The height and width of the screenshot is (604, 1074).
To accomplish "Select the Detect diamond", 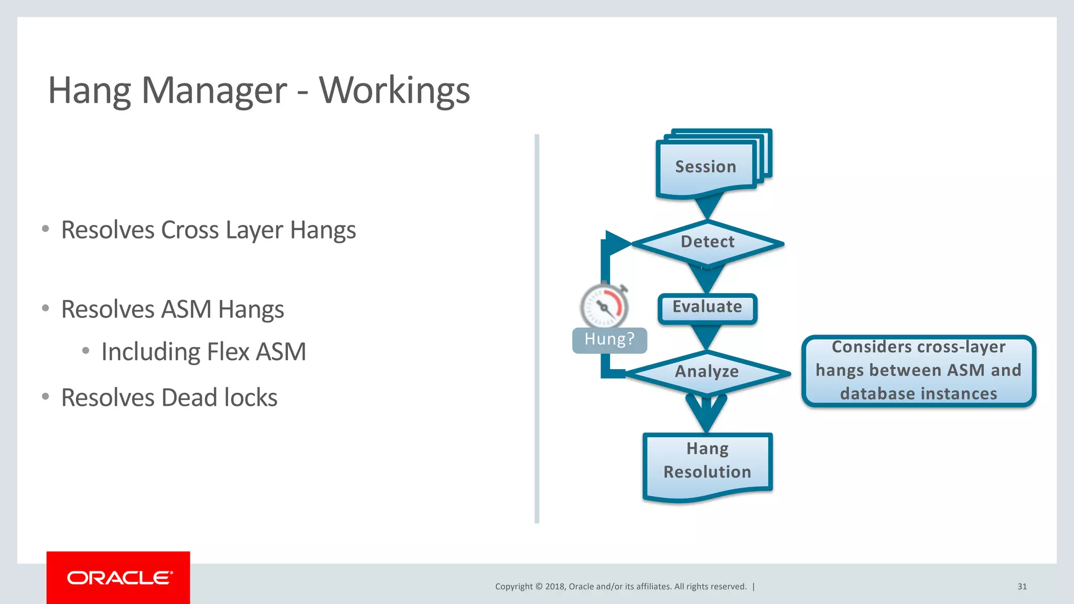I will click(707, 243).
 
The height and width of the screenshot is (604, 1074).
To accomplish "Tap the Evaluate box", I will click(707, 308).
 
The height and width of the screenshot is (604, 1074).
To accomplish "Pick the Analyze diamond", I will click(707, 372).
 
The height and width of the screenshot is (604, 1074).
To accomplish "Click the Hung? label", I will click(609, 340).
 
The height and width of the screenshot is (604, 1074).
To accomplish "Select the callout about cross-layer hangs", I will click(918, 371).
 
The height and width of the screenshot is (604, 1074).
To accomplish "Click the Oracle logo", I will click(119, 577).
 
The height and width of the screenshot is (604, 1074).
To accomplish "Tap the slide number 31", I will click(1022, 587).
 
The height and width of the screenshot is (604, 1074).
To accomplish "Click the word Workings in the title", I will click(394, 91).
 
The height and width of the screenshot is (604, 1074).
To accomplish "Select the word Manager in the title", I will click(214, 91).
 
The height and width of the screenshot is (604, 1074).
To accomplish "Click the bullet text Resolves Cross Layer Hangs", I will click(208, 231).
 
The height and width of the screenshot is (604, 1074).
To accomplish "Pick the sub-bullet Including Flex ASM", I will click(203, 352).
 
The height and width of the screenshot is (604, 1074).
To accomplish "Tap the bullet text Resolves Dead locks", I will click(169, 398).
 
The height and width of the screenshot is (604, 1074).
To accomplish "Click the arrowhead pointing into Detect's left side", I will click(617, 243).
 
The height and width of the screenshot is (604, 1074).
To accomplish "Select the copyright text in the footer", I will click(620, 587).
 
